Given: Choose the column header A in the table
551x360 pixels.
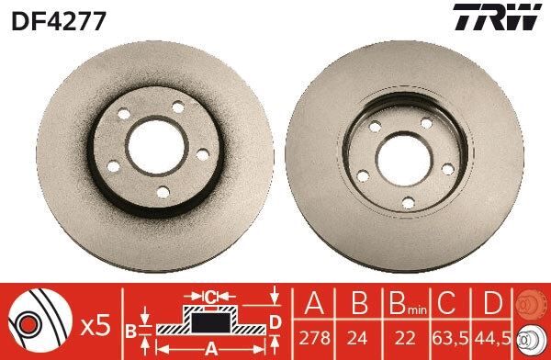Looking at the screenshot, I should pyautogui.click(x=315, y=305).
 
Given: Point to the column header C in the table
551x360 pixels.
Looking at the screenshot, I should pyautogui.click(x=447, y=305).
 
